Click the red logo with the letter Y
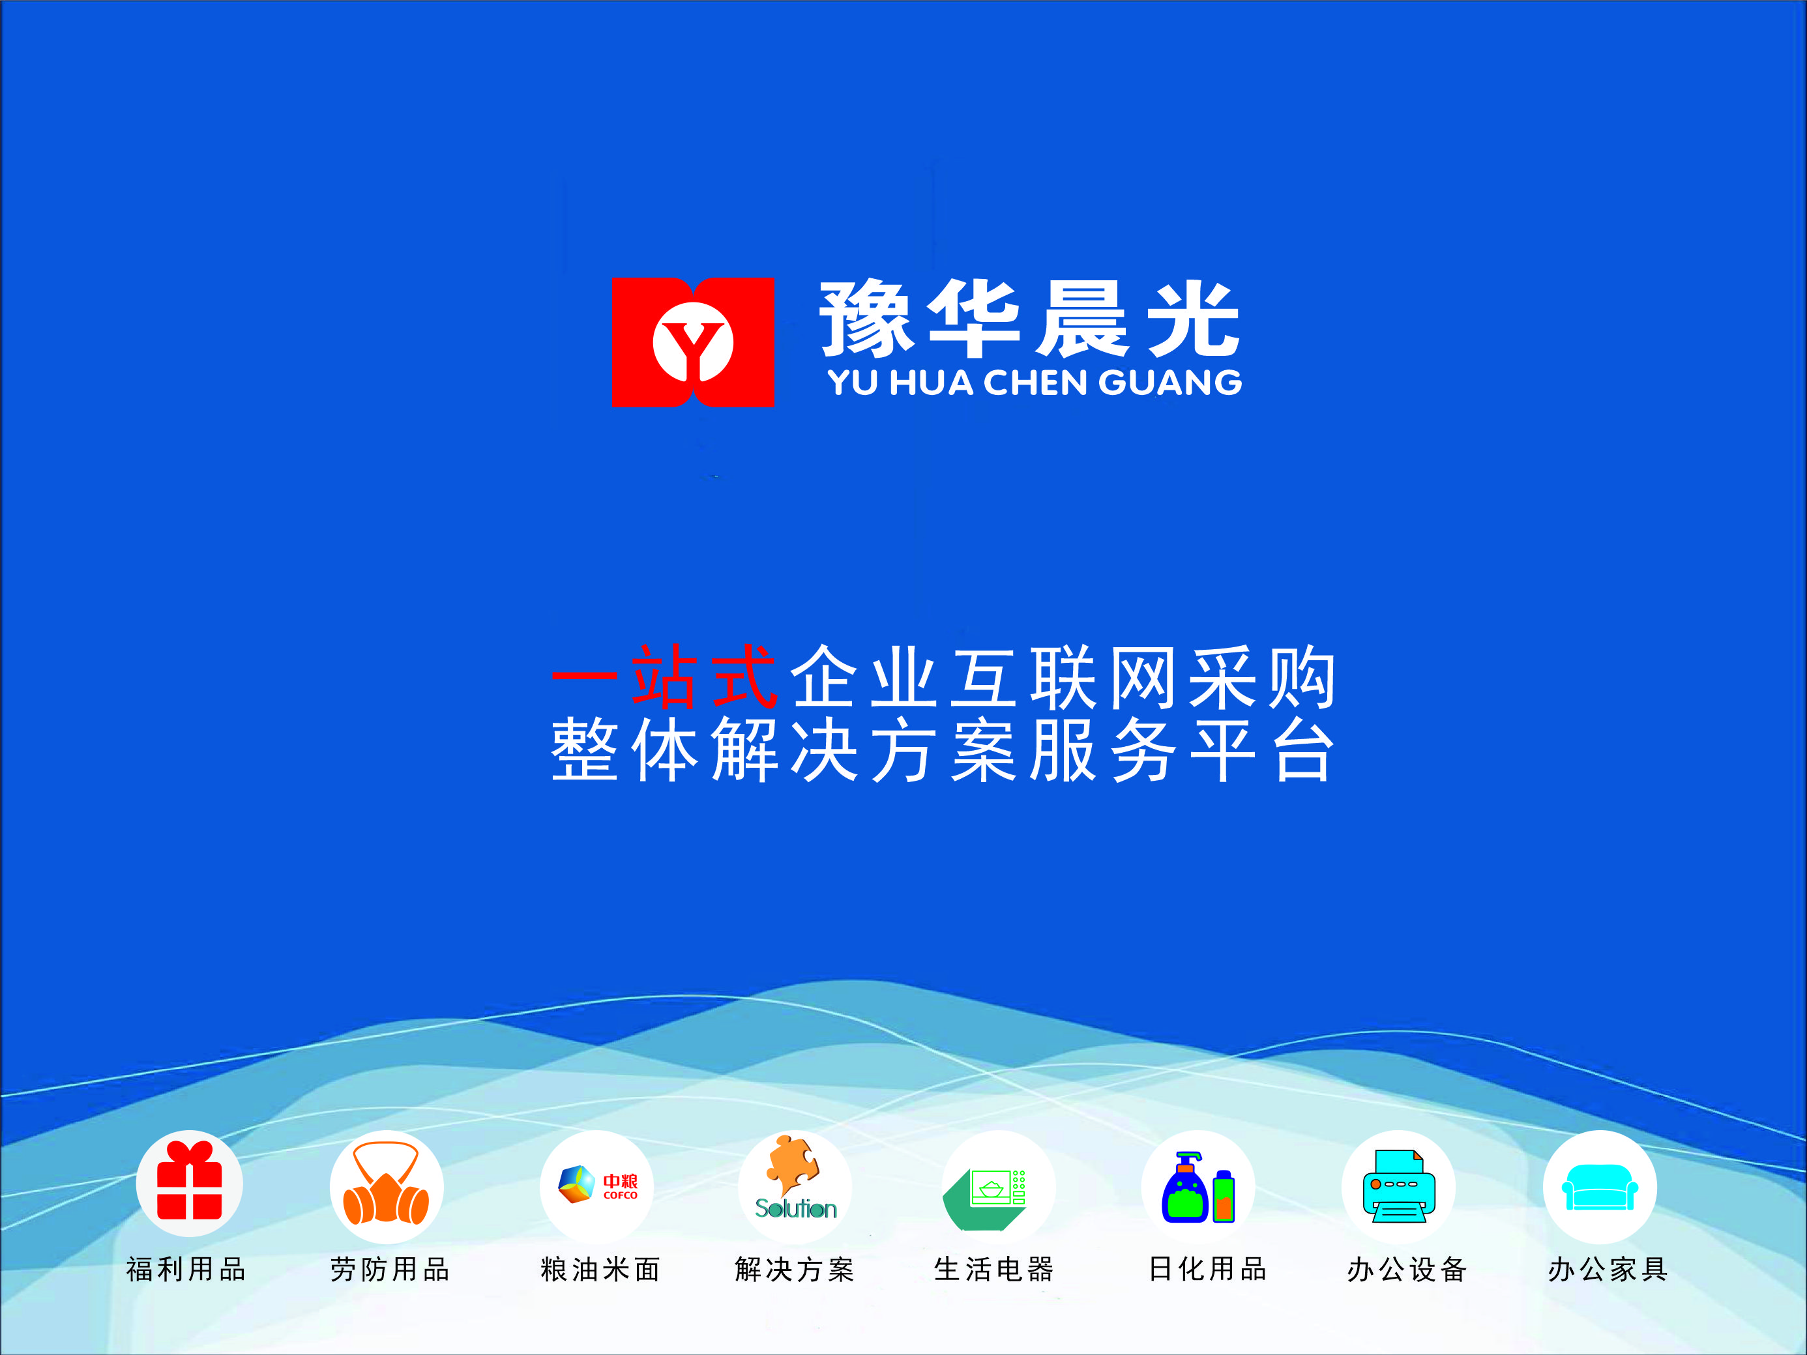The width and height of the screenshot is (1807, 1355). tap(693, 342)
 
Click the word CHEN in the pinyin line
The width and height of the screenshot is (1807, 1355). tap(1036, 382)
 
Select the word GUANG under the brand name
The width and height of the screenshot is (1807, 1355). tap(1171, 382)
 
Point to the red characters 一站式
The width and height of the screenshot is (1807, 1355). tap(664, 677)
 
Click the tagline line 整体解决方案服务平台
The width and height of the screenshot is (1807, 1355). tap(943, 750)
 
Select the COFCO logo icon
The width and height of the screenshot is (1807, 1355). tap(597, 1184)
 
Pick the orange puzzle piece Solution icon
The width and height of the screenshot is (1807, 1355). tap(795, 1177)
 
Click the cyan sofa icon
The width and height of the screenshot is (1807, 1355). tap(1600, 1187)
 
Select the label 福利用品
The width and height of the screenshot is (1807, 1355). tap(186, 1269)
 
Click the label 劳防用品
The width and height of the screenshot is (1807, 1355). tap(390, 1269)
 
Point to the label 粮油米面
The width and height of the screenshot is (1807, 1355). tap(600, 1269)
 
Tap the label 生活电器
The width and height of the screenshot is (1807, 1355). tap(994, 1269)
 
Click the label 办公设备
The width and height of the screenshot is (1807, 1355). tap(1407, 1269)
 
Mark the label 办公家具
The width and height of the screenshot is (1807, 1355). tap(1608, 1269)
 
